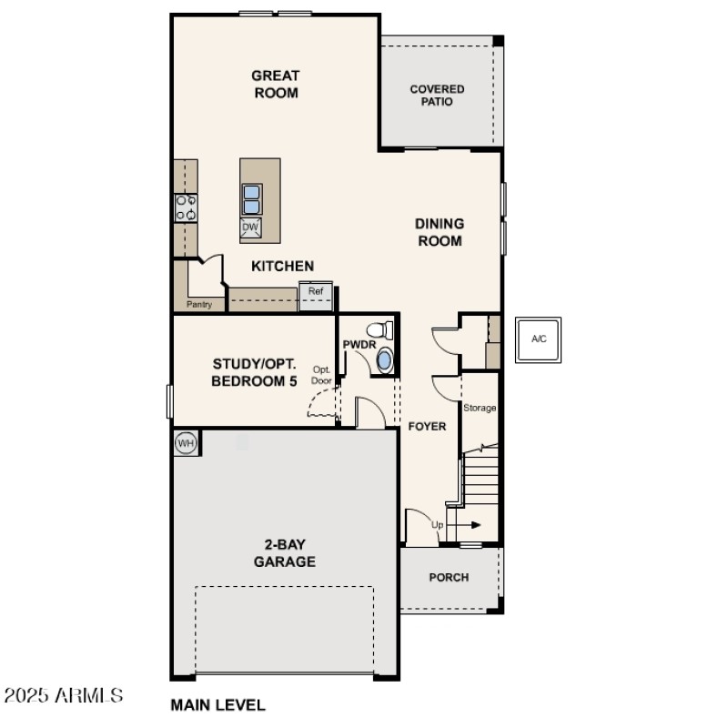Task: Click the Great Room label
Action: (276, 84)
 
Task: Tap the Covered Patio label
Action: (437, 96)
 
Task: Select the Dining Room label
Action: (440, 232)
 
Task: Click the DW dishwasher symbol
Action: (251, 227)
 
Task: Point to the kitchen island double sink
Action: (251, 198)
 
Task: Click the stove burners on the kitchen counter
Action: (187, 207)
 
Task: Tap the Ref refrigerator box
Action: (316, 292)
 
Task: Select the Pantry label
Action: (198, 305)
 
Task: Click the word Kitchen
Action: (282, 266)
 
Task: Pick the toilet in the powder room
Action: (379, 330)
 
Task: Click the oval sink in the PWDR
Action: (385, 360)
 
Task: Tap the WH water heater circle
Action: (186, 443)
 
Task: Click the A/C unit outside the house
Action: (539, 339)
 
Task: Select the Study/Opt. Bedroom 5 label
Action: (254, 373)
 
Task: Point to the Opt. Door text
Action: (322, 375)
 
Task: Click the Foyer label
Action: (426, 426)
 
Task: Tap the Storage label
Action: (480, 408)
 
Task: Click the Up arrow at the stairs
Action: (463, 525)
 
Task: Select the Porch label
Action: (449, 577)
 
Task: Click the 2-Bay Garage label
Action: (284, 553)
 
